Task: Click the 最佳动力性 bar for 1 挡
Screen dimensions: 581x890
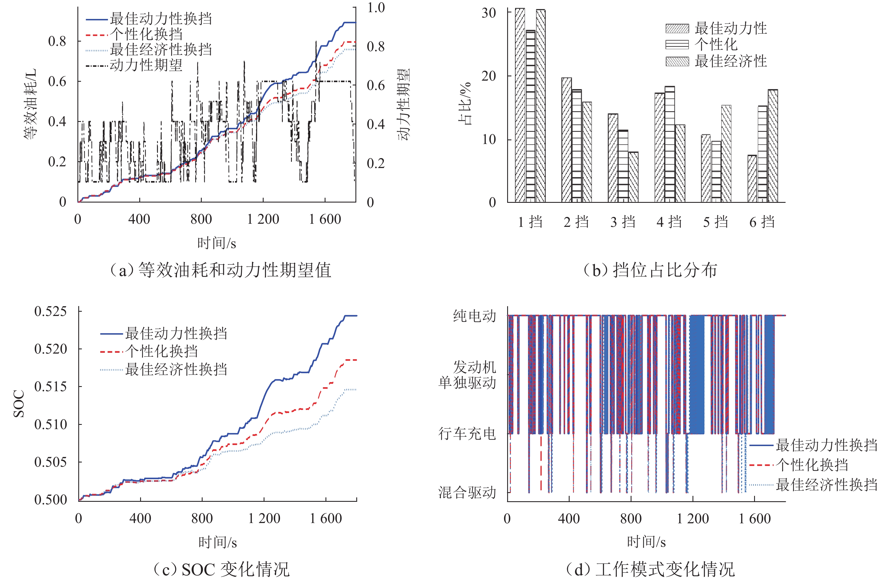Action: (x=520, y=105)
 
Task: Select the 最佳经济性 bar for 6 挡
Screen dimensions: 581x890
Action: (x=772, y=146)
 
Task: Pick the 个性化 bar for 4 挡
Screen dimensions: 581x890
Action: (x=670, y=145)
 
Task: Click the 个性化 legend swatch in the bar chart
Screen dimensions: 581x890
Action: (x=677, y=44)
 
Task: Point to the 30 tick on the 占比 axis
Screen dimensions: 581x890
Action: (x=489, y=13)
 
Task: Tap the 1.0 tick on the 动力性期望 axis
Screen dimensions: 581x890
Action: (x=376, y=7)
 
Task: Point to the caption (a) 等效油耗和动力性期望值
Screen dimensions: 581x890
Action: (x=221, y=270)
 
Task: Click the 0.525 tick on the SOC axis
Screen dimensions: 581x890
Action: (x=51, y=311)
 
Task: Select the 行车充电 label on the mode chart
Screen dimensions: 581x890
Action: (x=467, y=434)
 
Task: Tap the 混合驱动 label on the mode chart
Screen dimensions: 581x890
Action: (x=467, y=492)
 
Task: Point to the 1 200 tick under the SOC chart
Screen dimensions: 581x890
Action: (x=264, y=518)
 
